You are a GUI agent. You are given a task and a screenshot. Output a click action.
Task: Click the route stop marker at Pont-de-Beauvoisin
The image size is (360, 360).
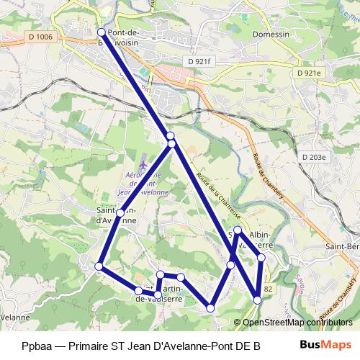pos(101,32)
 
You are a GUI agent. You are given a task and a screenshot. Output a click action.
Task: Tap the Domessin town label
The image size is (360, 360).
pos(271,34)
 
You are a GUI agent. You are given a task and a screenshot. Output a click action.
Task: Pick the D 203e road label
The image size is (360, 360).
pos(315,156)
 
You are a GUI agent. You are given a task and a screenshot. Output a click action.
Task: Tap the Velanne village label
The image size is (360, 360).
pos(14,316)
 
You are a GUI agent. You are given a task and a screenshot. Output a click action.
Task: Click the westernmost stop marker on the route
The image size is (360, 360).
pos(99,267)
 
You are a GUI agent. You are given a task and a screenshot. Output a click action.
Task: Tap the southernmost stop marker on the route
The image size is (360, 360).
pos(211,308)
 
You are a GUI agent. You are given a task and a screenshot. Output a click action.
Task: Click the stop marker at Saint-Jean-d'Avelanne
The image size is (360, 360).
pos(120,213)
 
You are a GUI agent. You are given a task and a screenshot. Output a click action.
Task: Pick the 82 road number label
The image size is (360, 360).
pos(268,289)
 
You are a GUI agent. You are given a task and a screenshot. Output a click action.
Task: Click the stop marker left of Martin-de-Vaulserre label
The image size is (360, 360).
pos(138,291)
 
